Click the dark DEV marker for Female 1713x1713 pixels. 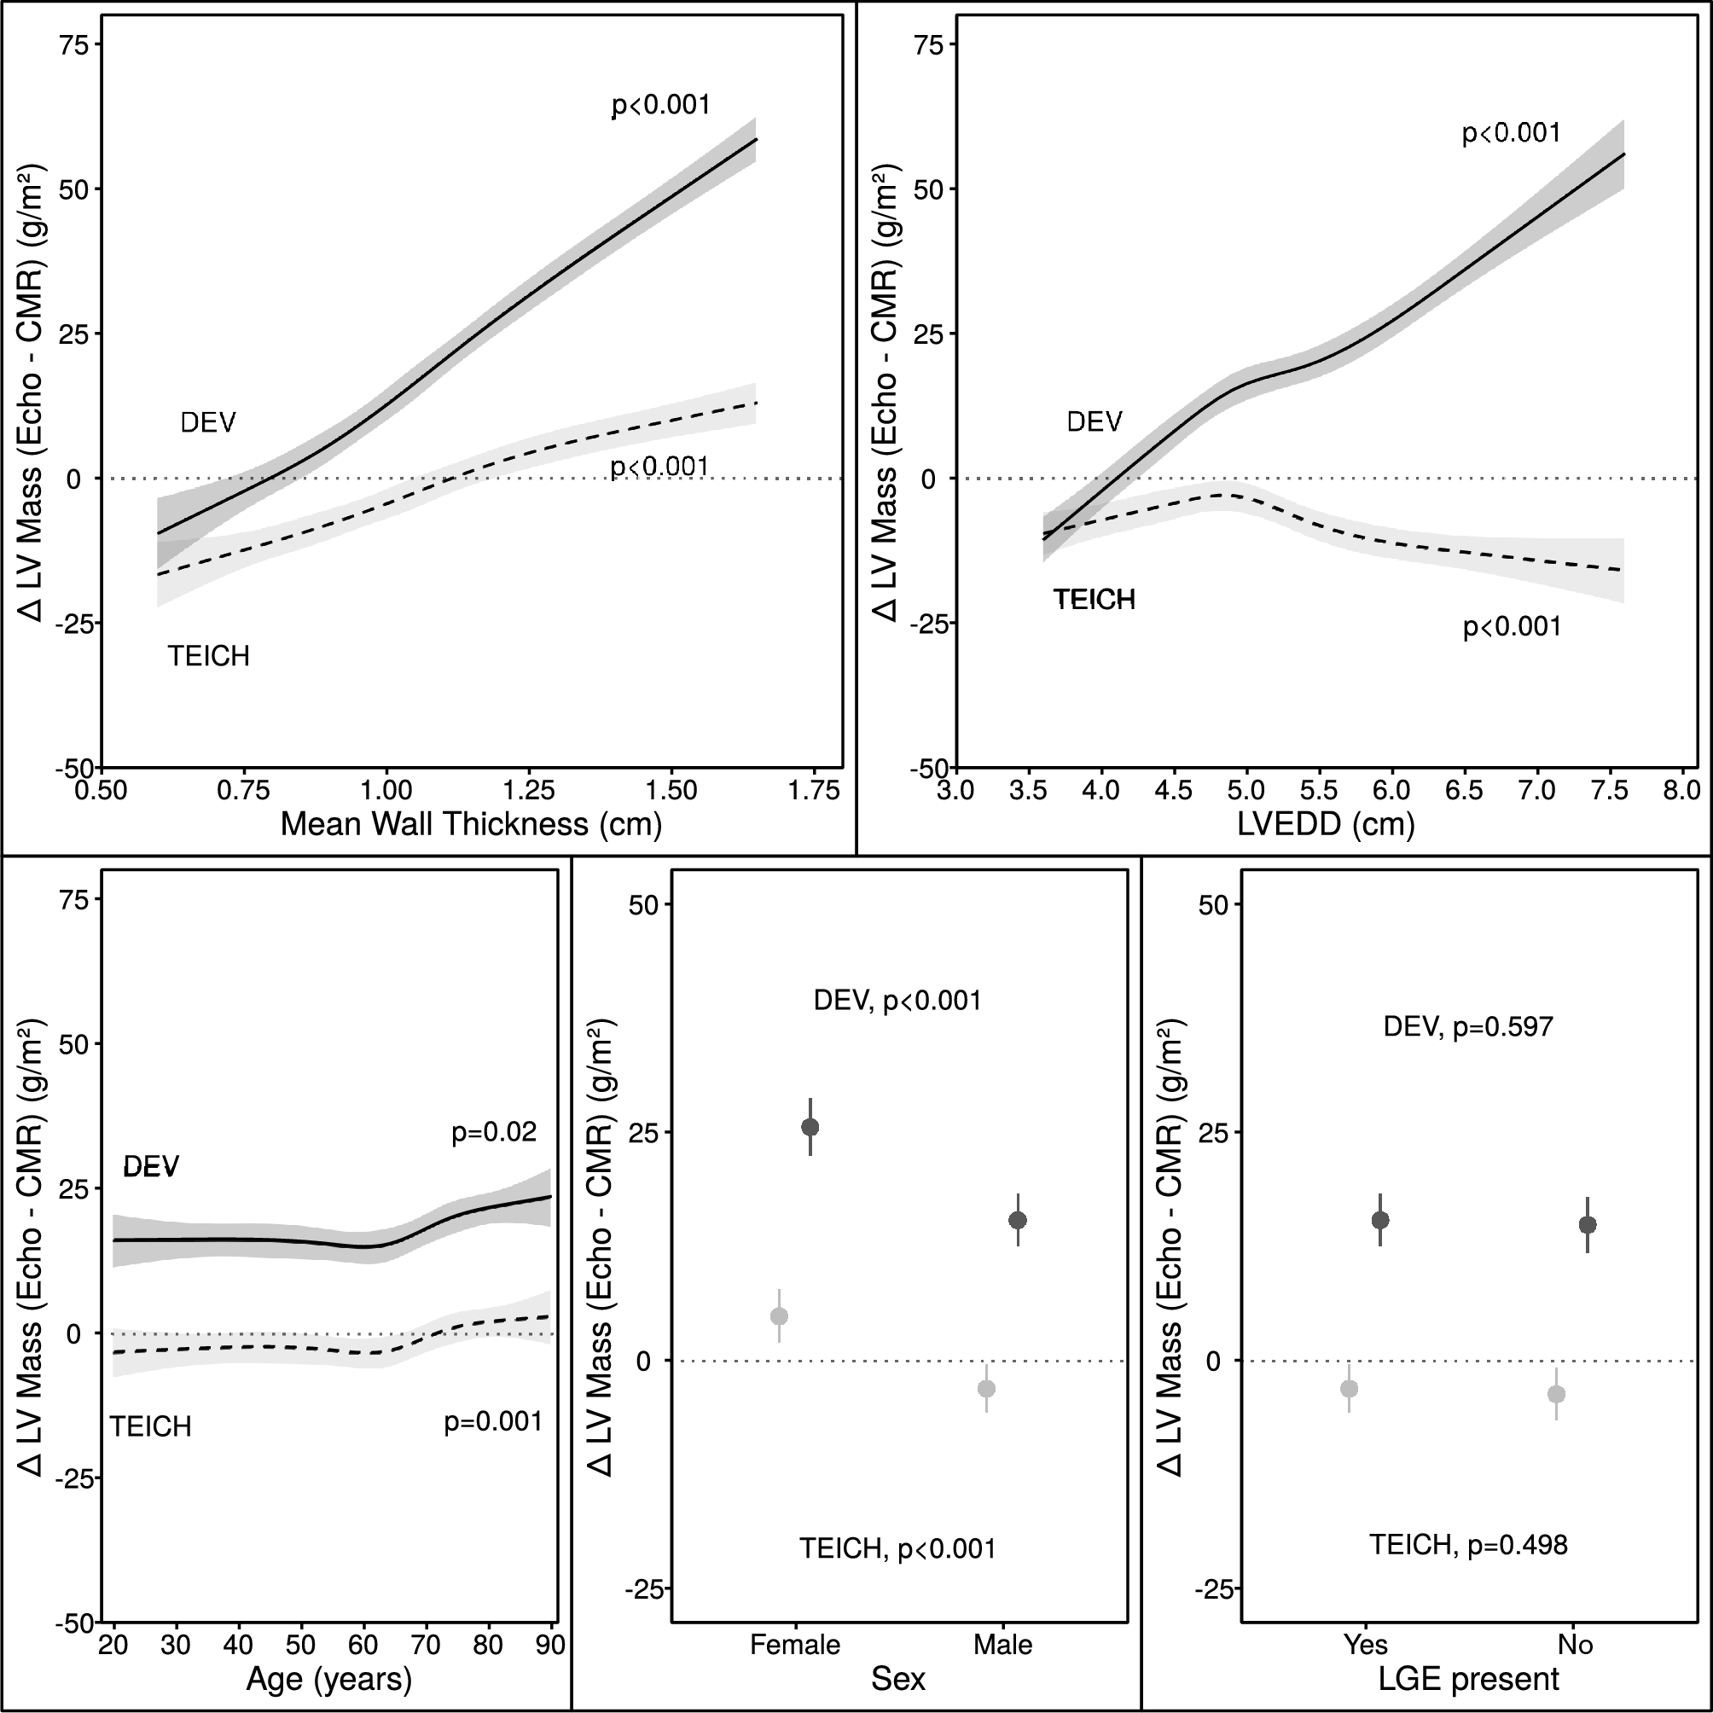coord(810,1127)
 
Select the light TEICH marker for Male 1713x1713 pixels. coord(986,1389)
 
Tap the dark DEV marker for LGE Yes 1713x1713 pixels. coord(1379,1220)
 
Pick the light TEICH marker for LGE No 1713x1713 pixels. coord(1556,1395)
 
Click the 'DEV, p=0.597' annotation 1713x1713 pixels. coord(1468,1027)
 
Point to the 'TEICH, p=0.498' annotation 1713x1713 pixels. coord(1468,1546)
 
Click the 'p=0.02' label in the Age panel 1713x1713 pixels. coord(494,1132)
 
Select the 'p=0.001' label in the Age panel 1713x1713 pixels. coord(493,1422)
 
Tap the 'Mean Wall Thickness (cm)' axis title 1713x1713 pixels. coord(471,825)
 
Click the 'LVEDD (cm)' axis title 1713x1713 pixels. coord(1326,825)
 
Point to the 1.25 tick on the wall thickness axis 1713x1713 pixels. coord(528,790)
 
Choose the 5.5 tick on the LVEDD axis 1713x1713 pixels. coord(1318,790)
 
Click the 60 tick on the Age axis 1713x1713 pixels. coord(363,1646)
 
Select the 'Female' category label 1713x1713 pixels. coord(794,1646)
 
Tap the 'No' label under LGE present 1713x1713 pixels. coord(1576,1646)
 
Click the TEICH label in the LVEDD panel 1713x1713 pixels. coord(1095,601)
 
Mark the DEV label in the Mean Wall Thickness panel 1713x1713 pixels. coord(207,423)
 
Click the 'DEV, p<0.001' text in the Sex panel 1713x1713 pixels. coord(897,1001)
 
